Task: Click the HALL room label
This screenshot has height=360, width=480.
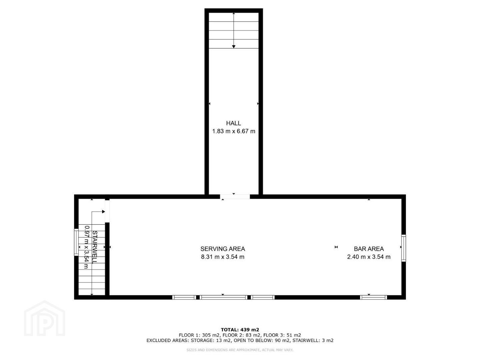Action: [x=233, y=123]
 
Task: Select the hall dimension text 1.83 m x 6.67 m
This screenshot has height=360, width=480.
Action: [x=233, y=131]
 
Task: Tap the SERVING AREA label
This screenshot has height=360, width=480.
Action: [x=223, y=249]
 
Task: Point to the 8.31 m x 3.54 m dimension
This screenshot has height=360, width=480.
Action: [x=223, y=257]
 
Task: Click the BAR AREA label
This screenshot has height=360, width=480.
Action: [x=369, y=249]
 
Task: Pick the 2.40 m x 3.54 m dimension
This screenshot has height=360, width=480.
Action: [x=369, y=257]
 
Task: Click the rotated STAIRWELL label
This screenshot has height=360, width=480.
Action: [x=95, y=247]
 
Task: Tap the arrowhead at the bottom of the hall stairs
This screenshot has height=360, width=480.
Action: [x=234, y=47]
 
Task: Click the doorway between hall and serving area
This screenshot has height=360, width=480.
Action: [x=235, y=197]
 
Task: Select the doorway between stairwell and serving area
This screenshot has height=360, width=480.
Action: [x=107, y=211]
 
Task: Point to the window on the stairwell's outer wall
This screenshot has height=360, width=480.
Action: [x=76, y=242]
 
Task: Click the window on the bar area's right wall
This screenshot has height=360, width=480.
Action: [x=403, y=248]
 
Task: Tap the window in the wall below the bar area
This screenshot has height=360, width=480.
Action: [x=373, y=297]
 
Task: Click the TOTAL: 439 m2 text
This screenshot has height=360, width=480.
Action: [x=240, y=330]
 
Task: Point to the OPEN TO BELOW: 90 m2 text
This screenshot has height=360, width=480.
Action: [x=262, y=340]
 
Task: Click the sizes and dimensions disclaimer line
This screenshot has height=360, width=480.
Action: [x=240, y=350]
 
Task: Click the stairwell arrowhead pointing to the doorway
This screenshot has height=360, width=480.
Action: [x=104, y=212]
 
